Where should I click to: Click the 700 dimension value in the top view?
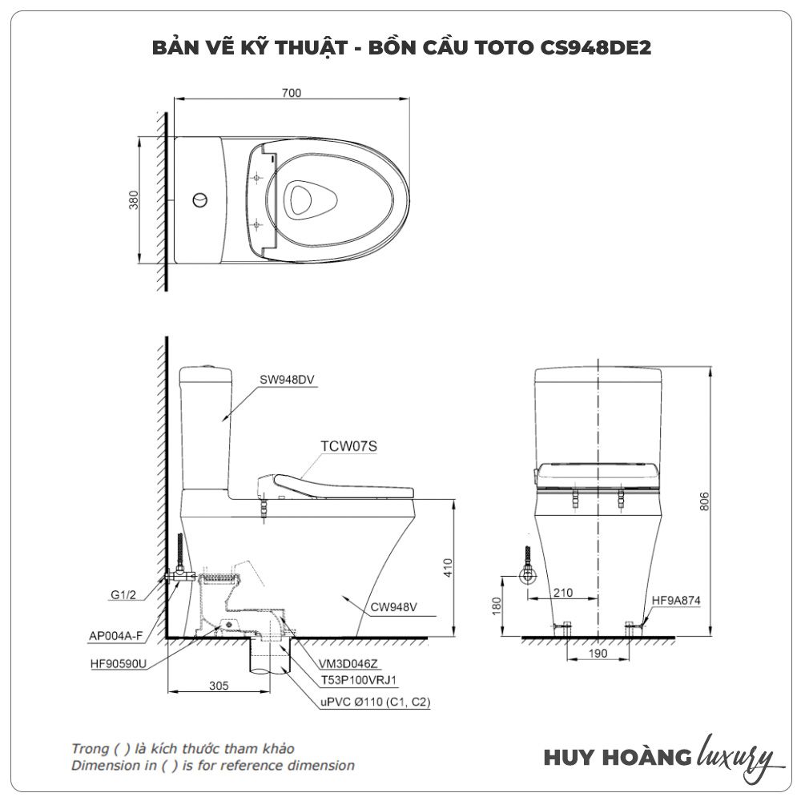point(292,93)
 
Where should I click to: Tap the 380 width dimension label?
point(133,199)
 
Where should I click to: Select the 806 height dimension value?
point(704,501)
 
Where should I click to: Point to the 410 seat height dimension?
point(448,568)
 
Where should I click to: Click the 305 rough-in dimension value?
point(219,686)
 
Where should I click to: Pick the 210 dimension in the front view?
point(562,593)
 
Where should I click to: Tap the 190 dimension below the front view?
point(598,654)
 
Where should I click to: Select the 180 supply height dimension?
point(497,606)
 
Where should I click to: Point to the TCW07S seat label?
point(349,446)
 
